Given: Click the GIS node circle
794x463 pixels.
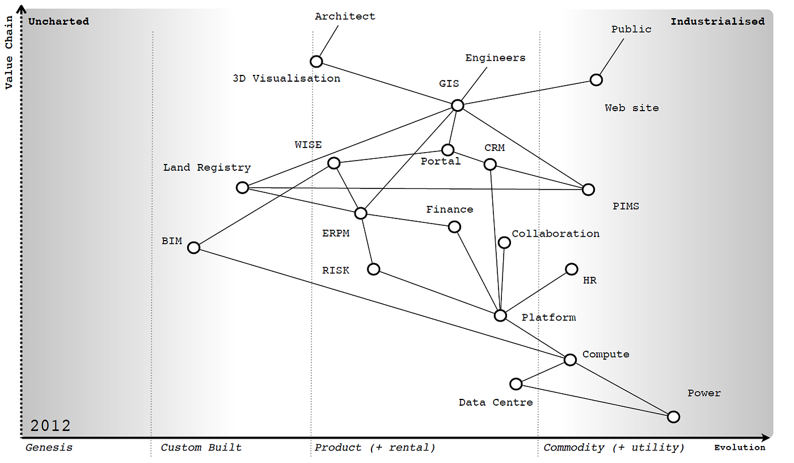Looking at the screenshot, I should pos(458,105).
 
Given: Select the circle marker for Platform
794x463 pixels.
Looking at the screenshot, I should pos(500,315).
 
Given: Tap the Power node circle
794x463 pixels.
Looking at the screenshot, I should pos(673,417).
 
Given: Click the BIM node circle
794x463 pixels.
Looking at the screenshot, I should pos(194,247).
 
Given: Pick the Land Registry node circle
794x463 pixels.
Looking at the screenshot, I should pos(242,187).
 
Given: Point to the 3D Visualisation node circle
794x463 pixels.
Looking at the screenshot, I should pos(316,61).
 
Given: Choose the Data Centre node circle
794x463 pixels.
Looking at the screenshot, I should pos(516,384).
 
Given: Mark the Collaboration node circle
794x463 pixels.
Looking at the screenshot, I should pos(504,243).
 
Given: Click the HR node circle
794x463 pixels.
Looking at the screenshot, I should pos(572,269).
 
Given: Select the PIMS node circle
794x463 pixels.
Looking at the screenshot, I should pos(589,190).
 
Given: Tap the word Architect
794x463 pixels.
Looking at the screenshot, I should pos(345,16).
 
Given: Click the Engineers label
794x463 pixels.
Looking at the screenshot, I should pos(495,58).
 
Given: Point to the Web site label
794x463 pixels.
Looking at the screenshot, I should pos(632,108).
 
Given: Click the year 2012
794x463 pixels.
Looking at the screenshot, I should pos(50,426).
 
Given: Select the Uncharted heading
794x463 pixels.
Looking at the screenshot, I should pos(58,22).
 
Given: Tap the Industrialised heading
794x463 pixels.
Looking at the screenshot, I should pos(717,22).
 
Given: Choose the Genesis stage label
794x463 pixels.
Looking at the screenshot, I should pos(49,448).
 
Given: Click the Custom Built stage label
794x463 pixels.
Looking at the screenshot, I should pos(201,448).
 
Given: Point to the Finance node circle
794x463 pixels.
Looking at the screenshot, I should pos(454,227).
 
